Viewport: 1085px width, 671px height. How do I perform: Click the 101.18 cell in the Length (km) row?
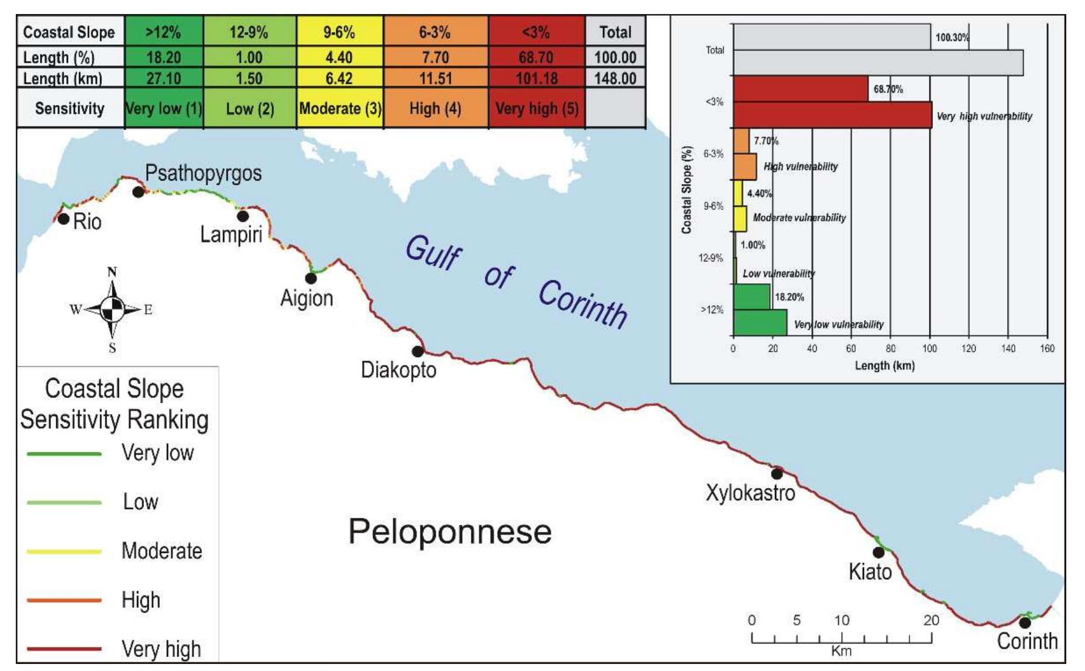pos(536,78)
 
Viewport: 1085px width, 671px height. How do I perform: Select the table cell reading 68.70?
pos(536,57)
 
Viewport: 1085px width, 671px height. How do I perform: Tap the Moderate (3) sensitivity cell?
pos(340,109)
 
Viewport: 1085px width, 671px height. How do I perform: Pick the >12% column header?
pos(163,32)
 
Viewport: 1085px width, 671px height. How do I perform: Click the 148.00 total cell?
pos(615,78)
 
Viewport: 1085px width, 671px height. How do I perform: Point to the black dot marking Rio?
pos(63,219)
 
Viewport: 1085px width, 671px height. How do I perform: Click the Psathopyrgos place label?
pos(203,173)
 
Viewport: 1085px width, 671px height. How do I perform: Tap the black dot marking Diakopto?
pos(418,351)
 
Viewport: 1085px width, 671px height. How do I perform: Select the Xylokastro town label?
pos(750,493)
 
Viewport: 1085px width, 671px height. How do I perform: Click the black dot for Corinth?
pos(1025,623)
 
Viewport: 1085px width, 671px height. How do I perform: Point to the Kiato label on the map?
pos(870,571)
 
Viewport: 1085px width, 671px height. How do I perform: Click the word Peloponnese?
pos(450,531)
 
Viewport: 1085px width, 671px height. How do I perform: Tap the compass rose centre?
pos(112,310)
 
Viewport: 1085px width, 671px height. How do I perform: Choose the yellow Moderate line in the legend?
pos(64,551)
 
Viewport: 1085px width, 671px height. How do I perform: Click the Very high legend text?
pos(161,649)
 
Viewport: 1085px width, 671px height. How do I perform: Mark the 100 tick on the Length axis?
pos(929,349)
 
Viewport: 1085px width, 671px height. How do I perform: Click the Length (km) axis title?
pos(884,366)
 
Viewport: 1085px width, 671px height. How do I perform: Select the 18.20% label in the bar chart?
pos(789,297)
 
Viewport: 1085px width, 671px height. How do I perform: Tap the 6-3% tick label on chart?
pos(713,154)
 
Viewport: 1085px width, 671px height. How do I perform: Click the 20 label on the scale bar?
pos(931,620)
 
